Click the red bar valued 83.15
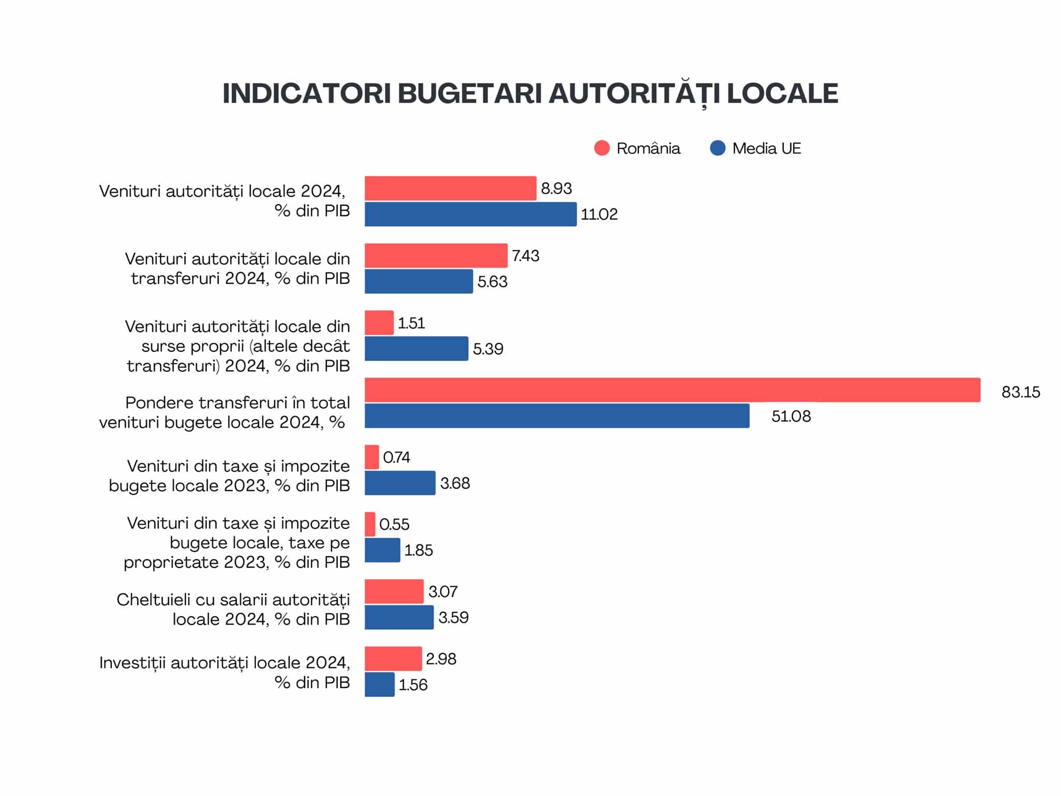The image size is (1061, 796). [672, 390]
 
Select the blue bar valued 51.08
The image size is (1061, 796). [556, 416]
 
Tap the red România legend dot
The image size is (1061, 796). [601, 148]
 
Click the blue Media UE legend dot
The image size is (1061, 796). [717, 148]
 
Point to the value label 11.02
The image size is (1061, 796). [599, 215]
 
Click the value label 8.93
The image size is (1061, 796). [556, 189]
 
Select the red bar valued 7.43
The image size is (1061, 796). [436, 255]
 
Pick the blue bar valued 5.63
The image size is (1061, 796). [419, 281]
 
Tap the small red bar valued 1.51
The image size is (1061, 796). [379, 323]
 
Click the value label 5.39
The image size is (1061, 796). [488, 349]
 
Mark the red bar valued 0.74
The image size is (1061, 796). [371, 457]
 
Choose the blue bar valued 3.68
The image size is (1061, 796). [399, 483]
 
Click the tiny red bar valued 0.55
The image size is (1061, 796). [370, 524]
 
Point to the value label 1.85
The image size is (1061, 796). [418, 550]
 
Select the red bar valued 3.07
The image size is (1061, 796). [394, 591]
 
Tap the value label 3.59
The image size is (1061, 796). [453, 618]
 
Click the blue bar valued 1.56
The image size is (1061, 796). [379, 685]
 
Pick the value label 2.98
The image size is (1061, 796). [441, 659]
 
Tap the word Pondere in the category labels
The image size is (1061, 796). [159, 403]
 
